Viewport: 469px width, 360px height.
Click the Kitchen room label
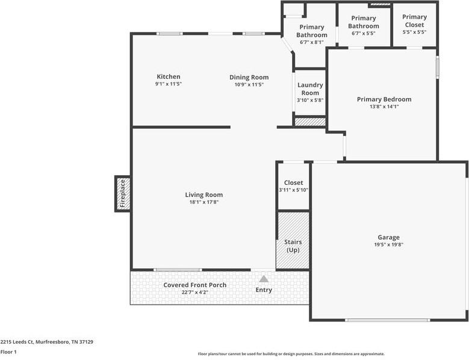(x=169, y=76)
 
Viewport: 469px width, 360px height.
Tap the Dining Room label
(x=249, y=77)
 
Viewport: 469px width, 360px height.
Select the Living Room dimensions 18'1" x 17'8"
(x=204, y=202)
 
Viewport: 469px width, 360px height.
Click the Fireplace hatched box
(x=123, y=194)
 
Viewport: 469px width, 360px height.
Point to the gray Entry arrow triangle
(x=264, y=279)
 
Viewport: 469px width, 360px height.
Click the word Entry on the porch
(x=264, y=290)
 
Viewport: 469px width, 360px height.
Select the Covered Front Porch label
(x=194, y=285)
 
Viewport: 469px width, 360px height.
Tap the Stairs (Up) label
(x=293, y=246)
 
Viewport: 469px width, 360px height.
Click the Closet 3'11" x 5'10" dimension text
(x=293, y=190)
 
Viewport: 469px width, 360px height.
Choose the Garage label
(x=388, y=237)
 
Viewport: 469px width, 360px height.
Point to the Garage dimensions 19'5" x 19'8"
(x=389, y=244)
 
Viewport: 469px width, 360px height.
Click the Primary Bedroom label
(x=384, y=99)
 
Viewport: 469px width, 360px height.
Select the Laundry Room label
(x=310, y=89)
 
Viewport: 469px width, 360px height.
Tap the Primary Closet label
(x=414, y=20)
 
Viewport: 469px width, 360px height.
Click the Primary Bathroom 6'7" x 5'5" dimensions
(x=364, y=34)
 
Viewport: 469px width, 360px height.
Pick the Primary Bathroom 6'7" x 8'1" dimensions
(x=312, y=43)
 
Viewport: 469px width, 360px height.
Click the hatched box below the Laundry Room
(x=310, y=122)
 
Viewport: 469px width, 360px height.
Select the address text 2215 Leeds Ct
(x=17, y=342)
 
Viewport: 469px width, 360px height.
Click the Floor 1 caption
(x=8, y=352)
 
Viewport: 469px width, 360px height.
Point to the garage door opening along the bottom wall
(x=388, y=320)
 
